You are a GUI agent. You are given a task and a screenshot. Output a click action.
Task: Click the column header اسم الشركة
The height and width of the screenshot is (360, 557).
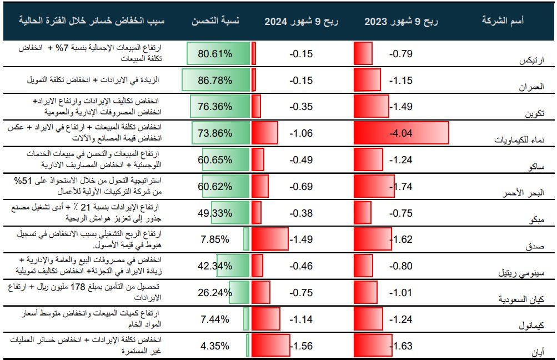pyautogui.click(x=503, y=21)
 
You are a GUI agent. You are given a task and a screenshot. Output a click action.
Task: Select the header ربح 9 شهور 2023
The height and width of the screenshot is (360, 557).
pyautogui.click(x=401, y=21)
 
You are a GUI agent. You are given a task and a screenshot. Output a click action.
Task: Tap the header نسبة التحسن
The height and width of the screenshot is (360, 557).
pyautogui.click(x=215, y=21)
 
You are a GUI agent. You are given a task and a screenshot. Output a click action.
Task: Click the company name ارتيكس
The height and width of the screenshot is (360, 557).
pyautogui.click(x=531, y=60)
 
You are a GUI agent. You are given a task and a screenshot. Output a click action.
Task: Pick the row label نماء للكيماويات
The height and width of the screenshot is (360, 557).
pyautogui.click(x=519, y=139)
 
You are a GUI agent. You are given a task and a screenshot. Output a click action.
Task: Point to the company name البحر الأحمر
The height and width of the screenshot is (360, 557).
pyautogui.click(x=523, y=193)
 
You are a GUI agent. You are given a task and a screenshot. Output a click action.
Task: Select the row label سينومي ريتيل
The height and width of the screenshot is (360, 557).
pyautogui.click(x=521, y=273)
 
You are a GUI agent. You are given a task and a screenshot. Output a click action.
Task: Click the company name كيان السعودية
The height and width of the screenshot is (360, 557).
pyautogui.click(x=521, y=299)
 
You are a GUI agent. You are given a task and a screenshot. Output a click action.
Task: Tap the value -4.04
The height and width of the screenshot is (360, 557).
pyautogui.click(x=401, y=133)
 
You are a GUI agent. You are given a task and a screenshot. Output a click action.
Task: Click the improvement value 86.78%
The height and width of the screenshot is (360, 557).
pyautogui.click(x=215, y=81)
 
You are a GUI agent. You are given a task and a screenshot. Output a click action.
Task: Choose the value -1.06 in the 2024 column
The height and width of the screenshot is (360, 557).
pyautogui.click(x=301, y=133)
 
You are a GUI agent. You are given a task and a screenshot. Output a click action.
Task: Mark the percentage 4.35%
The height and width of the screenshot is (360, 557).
pyautogui.click(x=215, y=346)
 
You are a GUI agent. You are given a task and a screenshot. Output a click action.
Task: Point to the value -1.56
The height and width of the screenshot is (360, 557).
pyautogui.click(x=301, y=346)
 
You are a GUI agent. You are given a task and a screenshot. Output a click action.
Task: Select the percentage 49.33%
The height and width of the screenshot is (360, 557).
pyautogui.click(x=215, y=213)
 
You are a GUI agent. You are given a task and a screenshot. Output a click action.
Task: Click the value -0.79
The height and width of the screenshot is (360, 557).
pyautogui.click(x=401, y=54)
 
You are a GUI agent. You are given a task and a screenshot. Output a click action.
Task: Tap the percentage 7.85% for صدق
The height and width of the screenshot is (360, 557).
pyautogui.click(x=215, y=239)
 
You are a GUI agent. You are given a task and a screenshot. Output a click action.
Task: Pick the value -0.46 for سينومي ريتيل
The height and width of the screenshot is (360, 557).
pyautogui.click(x=301, y=266)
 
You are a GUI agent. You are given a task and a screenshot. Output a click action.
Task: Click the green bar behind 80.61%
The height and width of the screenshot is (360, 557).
pyautogui.click(x=218, y=54)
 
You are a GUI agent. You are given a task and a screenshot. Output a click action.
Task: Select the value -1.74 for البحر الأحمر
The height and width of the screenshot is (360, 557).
pyautogui.click(x=401, y=187)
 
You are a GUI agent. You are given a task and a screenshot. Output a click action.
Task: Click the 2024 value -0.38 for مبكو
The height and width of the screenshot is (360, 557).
pyautogui.click(x=301, y=213)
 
